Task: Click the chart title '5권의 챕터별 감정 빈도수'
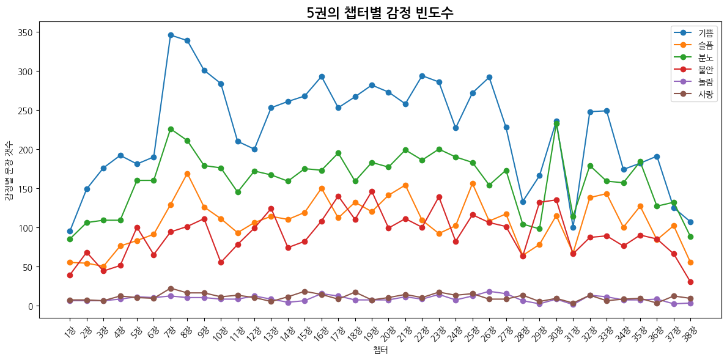(x=380, y=13)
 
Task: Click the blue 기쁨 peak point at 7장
(x=171, y=35)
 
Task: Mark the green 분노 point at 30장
(x=556, y=123)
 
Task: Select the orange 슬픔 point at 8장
(x=187, y=174)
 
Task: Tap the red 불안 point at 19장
(x=372, y=191)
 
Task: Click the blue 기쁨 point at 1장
(x=70, y=231)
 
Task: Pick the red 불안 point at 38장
(x=690, y=282)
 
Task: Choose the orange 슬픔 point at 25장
(x=473, y=183)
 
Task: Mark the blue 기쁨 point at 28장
(x=523, y=202)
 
